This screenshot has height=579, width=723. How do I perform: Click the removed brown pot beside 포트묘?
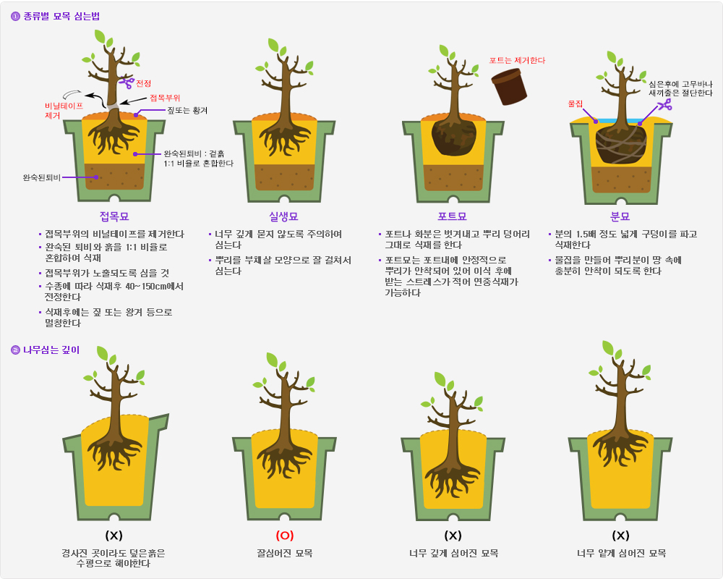click(x=509, y=86)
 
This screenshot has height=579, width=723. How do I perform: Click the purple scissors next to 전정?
click(x=127, y=83)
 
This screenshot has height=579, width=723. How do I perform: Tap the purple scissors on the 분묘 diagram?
click(x=664, y=104)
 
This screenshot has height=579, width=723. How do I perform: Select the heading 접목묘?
click(x=114, y=216)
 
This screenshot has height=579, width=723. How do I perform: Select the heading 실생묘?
click(x=283, y=216)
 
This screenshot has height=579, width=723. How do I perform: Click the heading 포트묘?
click(x=453, y=216)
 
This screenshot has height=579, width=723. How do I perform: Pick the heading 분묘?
click(x=620, y=216)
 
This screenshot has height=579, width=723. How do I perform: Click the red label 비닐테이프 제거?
click(x=64, y=110)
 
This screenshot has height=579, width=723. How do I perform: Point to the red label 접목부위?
click(x=165, y=98)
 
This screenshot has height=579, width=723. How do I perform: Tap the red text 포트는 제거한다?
click(x=517, y=61)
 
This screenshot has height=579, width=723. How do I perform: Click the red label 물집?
click(x=576, y=103)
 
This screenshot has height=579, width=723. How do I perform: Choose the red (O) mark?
click(x=284, y=536)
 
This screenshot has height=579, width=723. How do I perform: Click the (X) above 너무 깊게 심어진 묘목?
click(x=453, y=536)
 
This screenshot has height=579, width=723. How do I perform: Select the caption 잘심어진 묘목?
click(x=284, y=553)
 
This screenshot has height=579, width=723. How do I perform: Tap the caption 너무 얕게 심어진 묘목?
click(x=621, y=553)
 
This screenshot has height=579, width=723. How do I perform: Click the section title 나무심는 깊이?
click(x=51, y=350)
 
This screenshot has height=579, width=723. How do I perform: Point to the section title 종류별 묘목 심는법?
click(x=61, y=16)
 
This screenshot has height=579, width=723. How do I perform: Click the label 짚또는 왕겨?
click(x=187, y=110)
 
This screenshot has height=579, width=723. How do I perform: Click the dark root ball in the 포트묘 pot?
click(x=454, y=137)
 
